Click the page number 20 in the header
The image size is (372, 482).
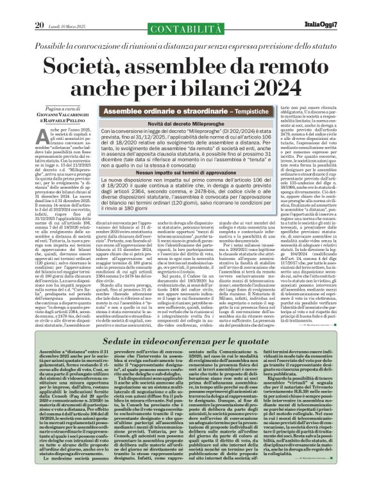click(x=38, y=8)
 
